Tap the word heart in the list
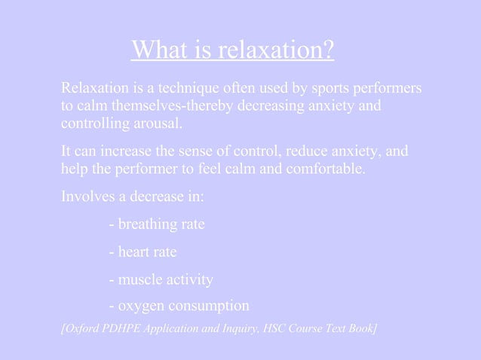133,252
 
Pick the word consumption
210,307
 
